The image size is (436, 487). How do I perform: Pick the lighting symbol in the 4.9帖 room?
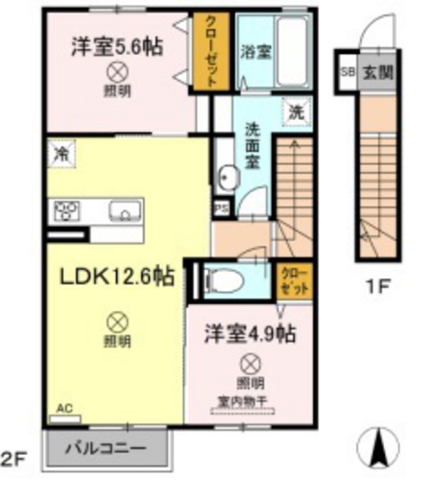[x=249, y=364]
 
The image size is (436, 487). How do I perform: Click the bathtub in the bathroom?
[x=290, y=50]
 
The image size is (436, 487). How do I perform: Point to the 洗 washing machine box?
[x=294, y=112]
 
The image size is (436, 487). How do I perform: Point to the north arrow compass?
[x=380, y=447]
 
